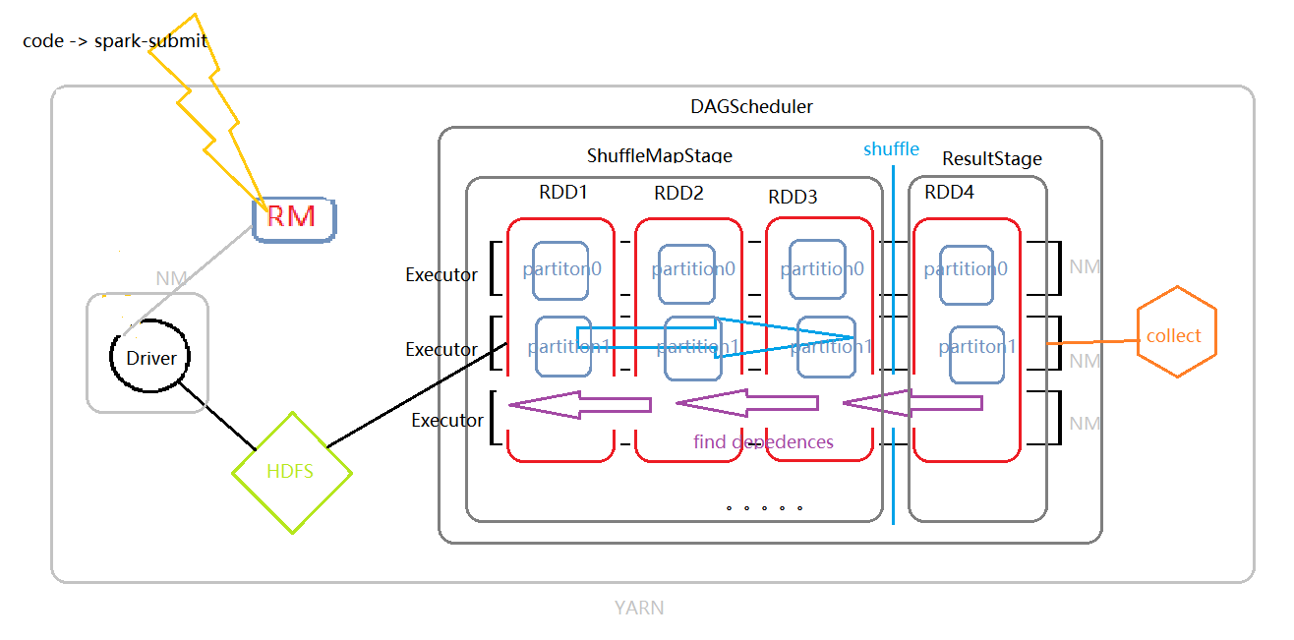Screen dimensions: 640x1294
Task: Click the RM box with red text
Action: pyautogui.click(x=293, y=217)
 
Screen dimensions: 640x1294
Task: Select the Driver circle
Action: pyautogui.click(x=151, y=358)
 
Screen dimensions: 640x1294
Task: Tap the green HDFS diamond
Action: pyautogui.click(x=291, y=471)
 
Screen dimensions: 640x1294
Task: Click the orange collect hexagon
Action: pyautogui.click(x=1175, y=335)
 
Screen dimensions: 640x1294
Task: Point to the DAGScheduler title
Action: pyautogui.click(x=752, y=106)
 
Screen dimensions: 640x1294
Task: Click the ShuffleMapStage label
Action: pyautogui.click(x=660, y=155)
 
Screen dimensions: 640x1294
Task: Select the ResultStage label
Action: pyautogui.click(x=991, y=158)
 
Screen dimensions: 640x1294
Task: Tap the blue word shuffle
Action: pyautogui.click(x=891, y=149)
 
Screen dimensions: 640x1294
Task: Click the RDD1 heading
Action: pyautogui.click(x=562, y=193)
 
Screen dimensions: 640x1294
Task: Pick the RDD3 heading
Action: pyautogui.click(x=793, y=197)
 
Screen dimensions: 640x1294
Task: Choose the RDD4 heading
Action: pyautogui.click(x=949, y=193)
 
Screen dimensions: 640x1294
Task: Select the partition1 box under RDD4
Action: pyautogui.click(x=977, y=347)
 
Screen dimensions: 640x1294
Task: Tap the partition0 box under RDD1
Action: pyautogui.click(x=561, y=269)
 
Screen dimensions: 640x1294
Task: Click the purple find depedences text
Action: pyautogui.click(x=763, y=442)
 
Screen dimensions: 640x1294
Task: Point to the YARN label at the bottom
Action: pyautogui.click(x=639, y=608)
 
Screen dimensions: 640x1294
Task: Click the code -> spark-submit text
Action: pyautogui.click(x=115, y=41)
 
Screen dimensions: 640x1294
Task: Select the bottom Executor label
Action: pyautogui.click(x=447, y=421)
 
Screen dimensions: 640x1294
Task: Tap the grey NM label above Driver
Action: pyautogui.click(x=170, y=279)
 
